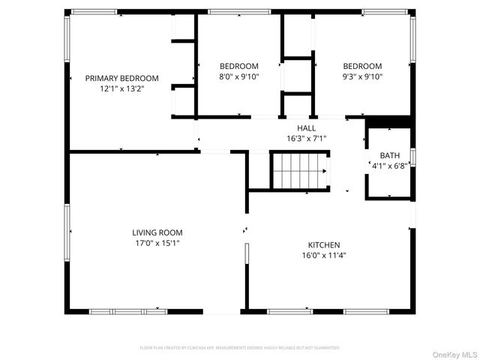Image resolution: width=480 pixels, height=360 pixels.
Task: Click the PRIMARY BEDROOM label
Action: [x=121, y=78]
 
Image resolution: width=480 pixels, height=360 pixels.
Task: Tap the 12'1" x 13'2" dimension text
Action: [x=121, y=88]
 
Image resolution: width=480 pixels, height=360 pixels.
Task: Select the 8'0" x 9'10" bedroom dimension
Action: [x=238, y=76]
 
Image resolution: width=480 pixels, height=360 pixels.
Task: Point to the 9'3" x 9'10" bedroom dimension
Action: [x=362, y=76]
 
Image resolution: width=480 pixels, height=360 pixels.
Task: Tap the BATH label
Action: [x=389, y=155]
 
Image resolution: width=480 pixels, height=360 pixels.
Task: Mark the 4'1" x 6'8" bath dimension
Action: [x=389, y=166]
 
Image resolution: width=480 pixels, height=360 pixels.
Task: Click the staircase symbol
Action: [x=300, y=172]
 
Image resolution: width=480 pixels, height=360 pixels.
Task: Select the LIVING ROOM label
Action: [x=157, y=232]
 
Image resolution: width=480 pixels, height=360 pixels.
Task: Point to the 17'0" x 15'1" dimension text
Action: [x=157, y=243]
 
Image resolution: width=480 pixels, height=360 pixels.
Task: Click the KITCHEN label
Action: [x=324, y=245]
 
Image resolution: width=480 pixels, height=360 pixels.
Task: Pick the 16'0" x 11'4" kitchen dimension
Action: [x=324, y=256]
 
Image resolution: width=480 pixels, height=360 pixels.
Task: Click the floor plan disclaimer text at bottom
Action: [x=240, y=348]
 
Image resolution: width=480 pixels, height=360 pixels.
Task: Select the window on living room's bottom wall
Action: [x=127, y=311]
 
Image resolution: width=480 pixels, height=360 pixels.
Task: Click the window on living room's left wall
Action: [x=66, y=232]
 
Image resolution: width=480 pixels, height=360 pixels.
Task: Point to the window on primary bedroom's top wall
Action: [x=94, y=12]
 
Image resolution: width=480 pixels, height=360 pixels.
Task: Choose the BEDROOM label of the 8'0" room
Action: [x=238, y=66]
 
